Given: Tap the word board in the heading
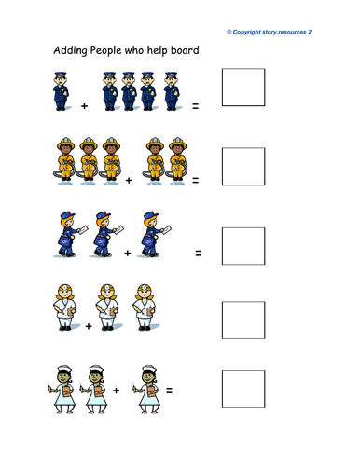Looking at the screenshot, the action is coord(186,50).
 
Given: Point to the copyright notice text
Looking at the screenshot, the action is coord(269,32).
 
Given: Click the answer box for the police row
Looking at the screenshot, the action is coord(243,88).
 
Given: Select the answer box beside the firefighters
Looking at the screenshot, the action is coord(243,167).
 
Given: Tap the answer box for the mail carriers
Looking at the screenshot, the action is coord(243,246).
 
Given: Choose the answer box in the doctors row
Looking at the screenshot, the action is coord(243,320).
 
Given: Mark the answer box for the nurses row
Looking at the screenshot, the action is coord(243,389).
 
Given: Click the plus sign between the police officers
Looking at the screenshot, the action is coord(84,106).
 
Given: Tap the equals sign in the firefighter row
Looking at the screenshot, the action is coord(195,180).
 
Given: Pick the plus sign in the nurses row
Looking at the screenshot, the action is coord(116,391).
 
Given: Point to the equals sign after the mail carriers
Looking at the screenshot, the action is coord(199,254).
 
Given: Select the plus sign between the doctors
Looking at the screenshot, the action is coord(89,326).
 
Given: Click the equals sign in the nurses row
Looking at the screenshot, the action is coord(169,391).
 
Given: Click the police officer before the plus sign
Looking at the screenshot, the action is coord(62,91).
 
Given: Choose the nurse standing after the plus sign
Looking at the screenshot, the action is coord(146,390).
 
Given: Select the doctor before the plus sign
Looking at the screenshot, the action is coord(64,308).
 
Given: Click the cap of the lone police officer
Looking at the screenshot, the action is coord(61,75).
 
